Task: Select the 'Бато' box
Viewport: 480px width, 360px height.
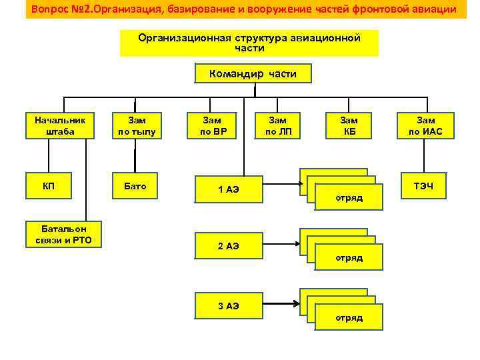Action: tap(137, 186)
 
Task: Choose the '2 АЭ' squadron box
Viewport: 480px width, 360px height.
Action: tap(228, 246)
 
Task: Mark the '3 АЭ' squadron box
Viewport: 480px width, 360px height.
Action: tap(228, 306)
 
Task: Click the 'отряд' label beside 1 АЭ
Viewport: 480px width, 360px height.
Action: tap(349, 198)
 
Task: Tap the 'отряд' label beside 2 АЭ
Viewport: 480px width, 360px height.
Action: tap(349, 257)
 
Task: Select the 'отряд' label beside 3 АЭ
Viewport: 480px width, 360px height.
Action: tap(349, 317)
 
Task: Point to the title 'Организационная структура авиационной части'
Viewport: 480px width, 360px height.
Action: tap(249, 43)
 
